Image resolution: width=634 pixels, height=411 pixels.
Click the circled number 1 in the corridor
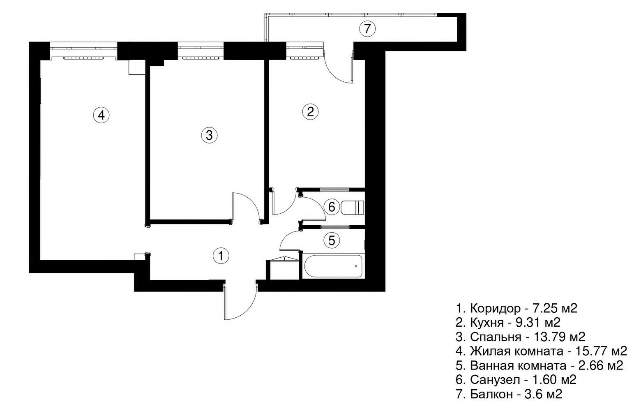click(x=221, y=256)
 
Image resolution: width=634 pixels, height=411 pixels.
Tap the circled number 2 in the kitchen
click(x=311, y=112)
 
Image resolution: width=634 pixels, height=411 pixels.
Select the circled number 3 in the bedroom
click(x=209, y=135)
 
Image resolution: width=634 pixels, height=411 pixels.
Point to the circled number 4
click(x=101, y=115)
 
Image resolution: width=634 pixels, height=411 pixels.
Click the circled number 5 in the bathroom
click(x=332, y=240)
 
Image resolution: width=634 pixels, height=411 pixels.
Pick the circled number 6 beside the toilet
click(x=332, y=207)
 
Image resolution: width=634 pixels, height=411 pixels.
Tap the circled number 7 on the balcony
click(x=367, y=29)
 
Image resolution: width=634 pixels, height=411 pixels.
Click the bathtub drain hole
click(x=356, y=266)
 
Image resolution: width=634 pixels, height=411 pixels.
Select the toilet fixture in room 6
click(x=353, y=208)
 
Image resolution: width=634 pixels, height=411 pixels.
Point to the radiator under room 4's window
click(x=83, y=58)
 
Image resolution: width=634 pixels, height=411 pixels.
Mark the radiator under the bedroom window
click(x=201, y=58)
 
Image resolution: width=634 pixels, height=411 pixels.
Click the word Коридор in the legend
click(x=495, y=308)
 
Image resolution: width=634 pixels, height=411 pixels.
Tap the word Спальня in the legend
click(x=496, y=337)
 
